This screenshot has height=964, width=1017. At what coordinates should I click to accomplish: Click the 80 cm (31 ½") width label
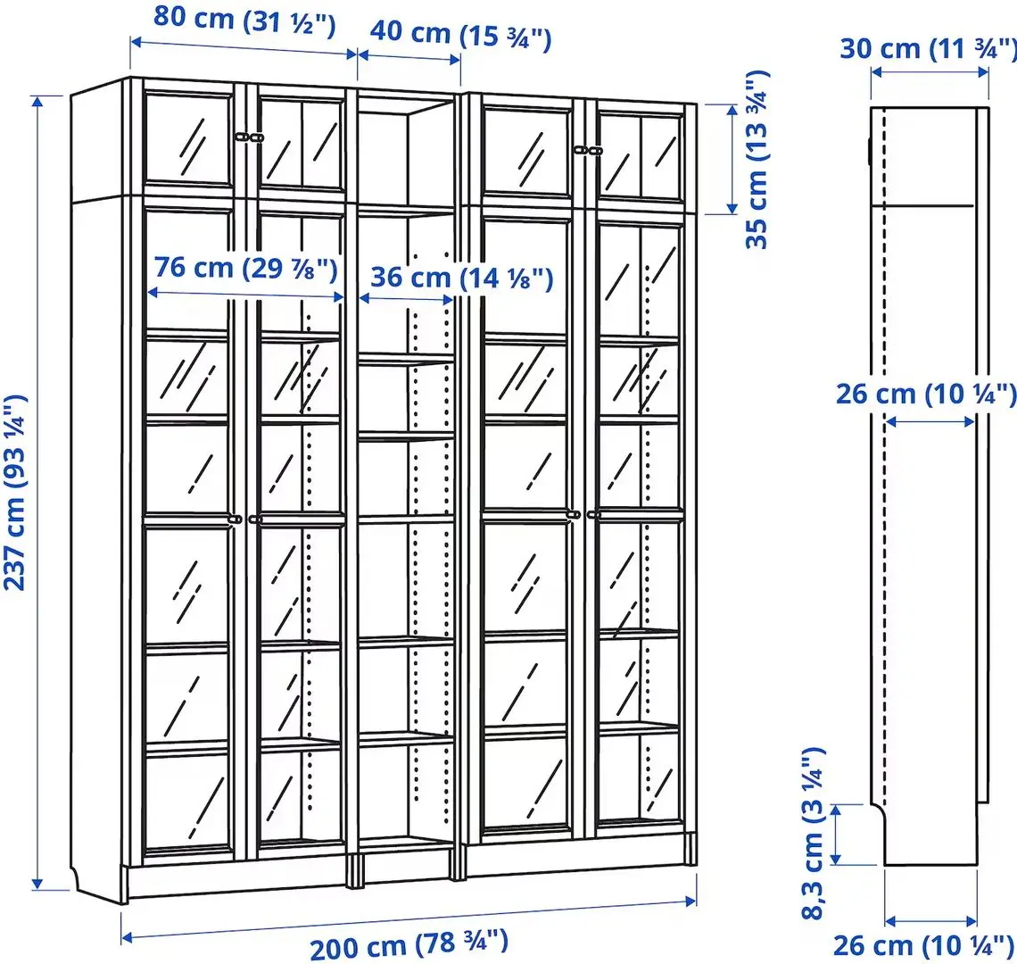[x=244, y=20]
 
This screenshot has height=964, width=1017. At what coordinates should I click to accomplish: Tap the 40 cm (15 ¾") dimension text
[x=460, y=36]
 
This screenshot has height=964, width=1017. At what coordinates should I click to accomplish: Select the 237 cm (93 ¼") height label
[x=15, y=493]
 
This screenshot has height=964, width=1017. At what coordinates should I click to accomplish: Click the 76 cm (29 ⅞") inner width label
[x=244, y=267]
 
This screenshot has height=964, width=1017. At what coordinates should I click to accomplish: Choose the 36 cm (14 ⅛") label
[x=461, y=278]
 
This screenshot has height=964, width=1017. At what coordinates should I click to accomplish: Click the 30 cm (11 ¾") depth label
[x=928, y=48]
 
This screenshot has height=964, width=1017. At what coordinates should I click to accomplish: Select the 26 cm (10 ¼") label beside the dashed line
[x=925, y=394]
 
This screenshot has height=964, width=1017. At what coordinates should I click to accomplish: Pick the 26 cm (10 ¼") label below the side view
[x=924, y=945]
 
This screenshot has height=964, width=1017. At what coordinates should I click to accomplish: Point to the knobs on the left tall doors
[x=246, y=518]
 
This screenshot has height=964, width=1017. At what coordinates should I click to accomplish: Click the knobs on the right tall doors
[x=584, y=514]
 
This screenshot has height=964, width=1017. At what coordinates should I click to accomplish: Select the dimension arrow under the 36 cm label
[x=407, y=299]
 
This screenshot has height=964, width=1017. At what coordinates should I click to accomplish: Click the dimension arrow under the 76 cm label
[x=245, y=294]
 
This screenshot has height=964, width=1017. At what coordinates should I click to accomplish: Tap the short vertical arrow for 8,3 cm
[x=836, y=834]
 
